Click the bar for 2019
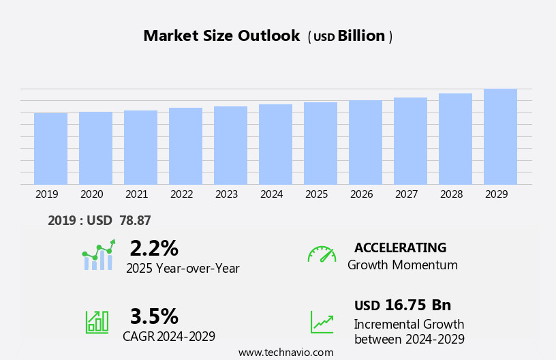point(50,149)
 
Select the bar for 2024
point(275,145)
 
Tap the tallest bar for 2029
point(500,136)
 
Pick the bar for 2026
point(365,142)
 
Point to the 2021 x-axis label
point(136,194)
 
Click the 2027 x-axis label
point(406,194)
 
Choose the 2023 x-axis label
point(226,194)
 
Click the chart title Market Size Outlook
point(221,36)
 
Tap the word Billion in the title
point(361,36)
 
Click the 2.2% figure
point(154,248)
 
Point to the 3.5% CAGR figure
point(154,316)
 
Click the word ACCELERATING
point(400,247)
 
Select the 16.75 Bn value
point(418,305)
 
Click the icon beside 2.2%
point(99,256)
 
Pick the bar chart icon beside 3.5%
point(96,321)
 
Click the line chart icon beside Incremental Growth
point(322,322)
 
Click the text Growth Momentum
point(402,265)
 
